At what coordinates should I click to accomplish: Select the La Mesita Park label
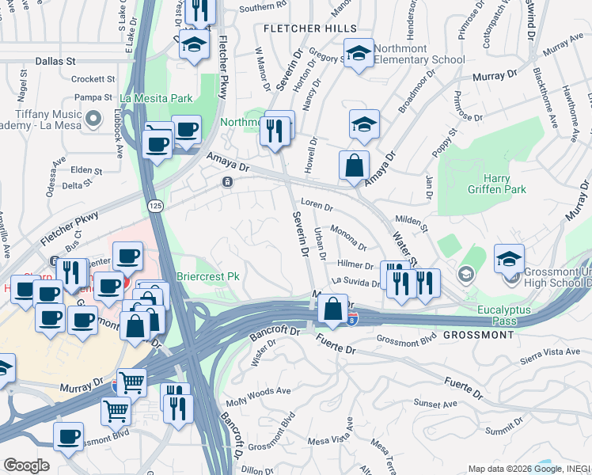[156, 99]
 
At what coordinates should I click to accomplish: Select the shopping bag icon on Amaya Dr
[354, 166]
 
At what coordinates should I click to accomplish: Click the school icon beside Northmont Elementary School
[359, 55]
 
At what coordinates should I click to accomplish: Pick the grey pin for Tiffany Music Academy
[94, 120]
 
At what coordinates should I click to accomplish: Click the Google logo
[26, 465]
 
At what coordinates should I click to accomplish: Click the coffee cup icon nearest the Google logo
[68, 436]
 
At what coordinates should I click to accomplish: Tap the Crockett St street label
[93, 79]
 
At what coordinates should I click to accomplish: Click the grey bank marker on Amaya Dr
[227, 182]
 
